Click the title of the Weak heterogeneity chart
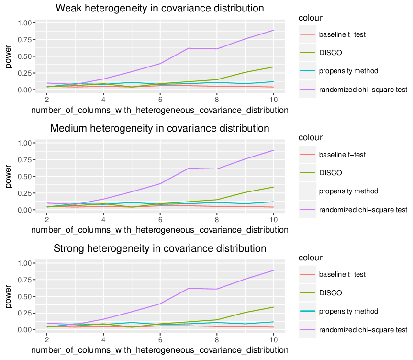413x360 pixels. [160, 8]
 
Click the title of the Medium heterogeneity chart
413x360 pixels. [160, 128]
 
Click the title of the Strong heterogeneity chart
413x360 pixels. [160, 248]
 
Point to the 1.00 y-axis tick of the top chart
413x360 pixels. [24, 23]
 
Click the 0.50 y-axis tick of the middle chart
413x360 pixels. [24, 177]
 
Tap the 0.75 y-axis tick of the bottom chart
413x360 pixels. [24, 280]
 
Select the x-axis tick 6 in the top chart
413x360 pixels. [160, 100]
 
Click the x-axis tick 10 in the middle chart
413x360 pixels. [274, 220]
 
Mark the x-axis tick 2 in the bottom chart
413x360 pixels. [47, 339]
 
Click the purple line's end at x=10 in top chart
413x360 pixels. [274, 30]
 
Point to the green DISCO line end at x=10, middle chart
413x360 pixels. [274, 187]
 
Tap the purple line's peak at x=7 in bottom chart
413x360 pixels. [189, 288]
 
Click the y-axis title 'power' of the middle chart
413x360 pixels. [9, 176]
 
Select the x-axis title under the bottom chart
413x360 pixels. [160, 350]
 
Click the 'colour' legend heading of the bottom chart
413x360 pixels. [310, 258]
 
